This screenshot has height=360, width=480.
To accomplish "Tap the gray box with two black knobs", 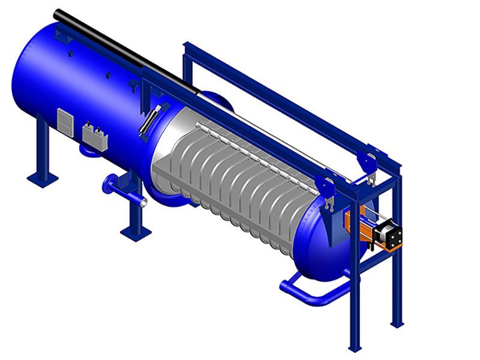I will point(95,136).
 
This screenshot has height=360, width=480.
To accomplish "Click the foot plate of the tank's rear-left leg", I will point(43,178).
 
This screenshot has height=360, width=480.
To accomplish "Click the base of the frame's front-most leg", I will point(353,347).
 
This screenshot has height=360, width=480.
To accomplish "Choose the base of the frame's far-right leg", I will point(397,323).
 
